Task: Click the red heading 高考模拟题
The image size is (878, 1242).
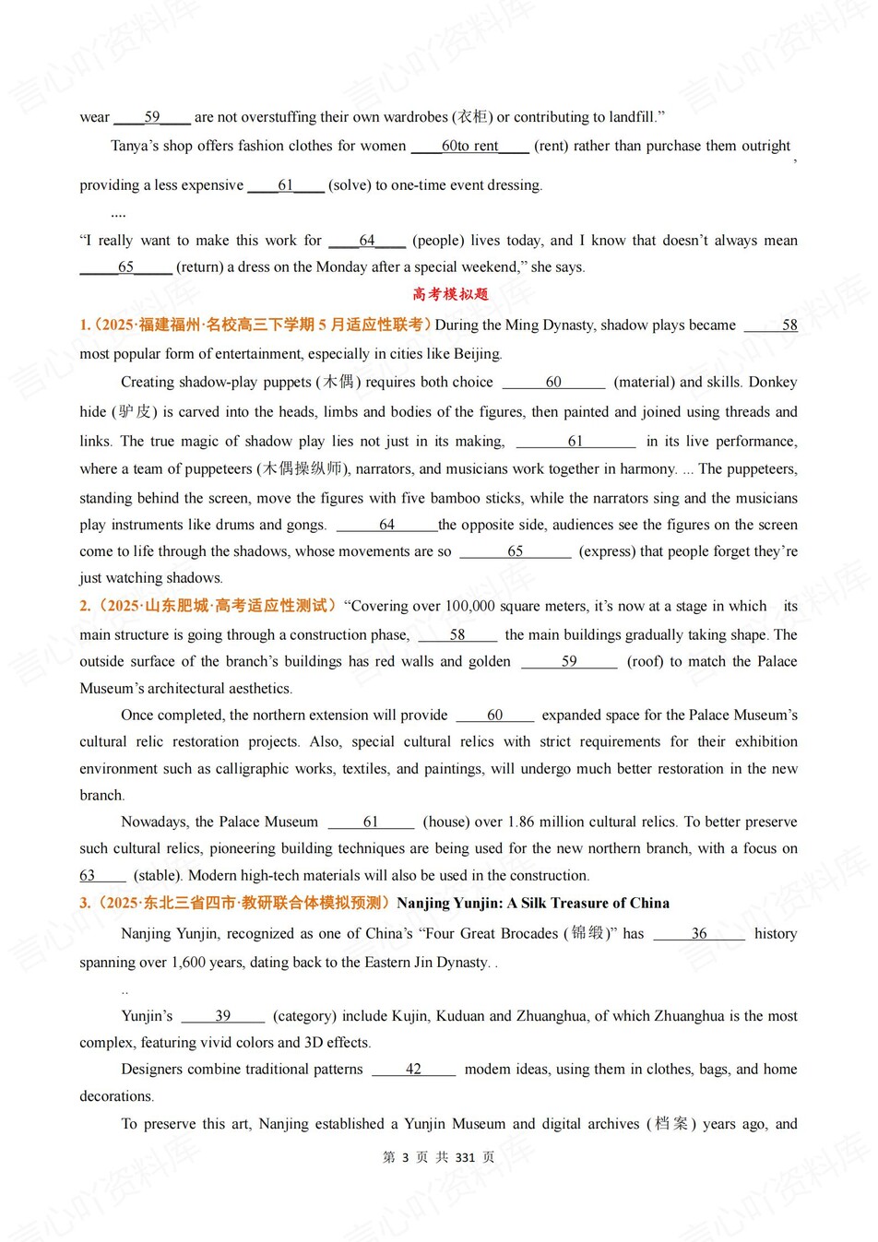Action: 450,295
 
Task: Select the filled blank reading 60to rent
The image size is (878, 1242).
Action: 469,146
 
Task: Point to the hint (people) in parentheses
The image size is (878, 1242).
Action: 437,241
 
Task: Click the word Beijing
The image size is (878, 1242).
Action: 476,354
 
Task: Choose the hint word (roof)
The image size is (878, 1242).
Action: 645,662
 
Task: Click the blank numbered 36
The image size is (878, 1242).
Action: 699,934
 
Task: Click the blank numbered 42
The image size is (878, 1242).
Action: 413,1070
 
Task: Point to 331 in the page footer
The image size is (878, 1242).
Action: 465,1158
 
